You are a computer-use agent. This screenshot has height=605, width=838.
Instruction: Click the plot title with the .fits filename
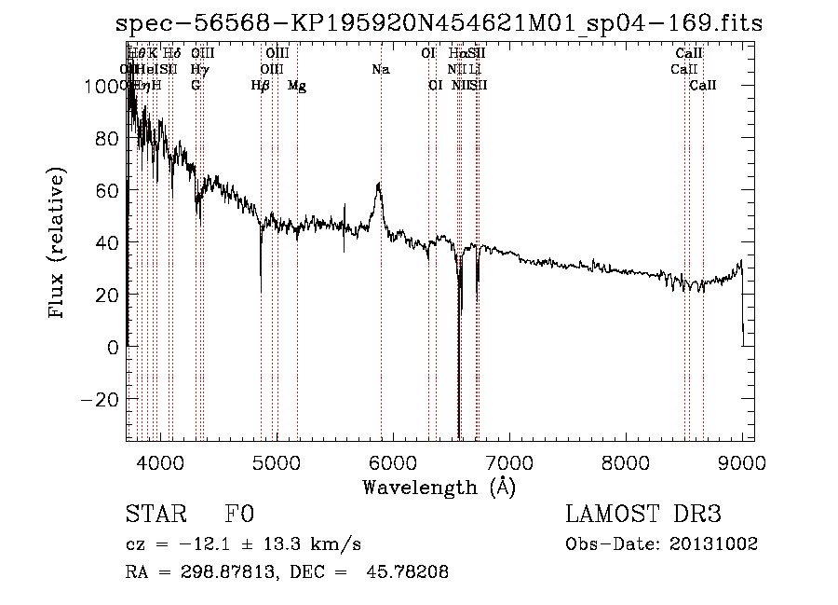point(432,24)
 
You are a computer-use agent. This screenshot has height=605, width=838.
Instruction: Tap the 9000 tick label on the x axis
point(742,461)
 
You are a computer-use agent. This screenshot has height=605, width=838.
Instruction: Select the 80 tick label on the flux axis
point(108,138)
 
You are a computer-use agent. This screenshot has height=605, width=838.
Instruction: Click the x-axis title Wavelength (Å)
point(439,487)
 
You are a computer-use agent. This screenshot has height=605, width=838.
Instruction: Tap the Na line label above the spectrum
point(380,70)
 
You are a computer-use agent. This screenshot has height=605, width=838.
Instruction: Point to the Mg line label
point(297,86)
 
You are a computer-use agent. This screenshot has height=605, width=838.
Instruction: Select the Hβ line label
point(261,86)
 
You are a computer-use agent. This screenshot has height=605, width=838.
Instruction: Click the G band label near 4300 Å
point(196,86)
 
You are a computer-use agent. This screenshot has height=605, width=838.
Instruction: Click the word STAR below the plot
point(152,515)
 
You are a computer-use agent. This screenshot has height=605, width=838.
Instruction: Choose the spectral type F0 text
point(239,515)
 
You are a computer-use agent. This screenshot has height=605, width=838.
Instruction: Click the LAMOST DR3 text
point(643,515)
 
